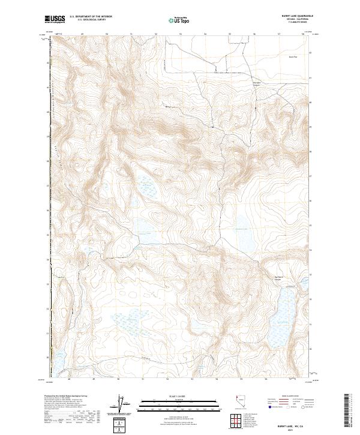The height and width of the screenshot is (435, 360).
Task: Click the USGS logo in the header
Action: coord(55,20)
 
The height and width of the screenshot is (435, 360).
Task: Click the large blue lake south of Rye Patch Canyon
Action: coord(279,315)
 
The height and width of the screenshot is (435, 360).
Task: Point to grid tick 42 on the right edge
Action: coord(310,53)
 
